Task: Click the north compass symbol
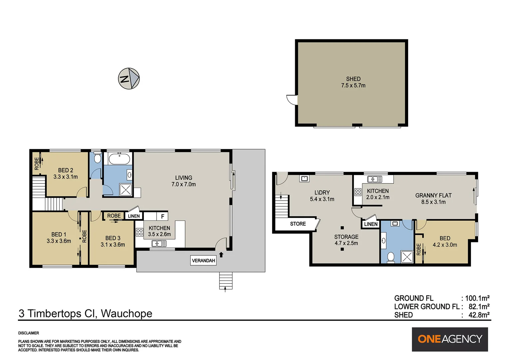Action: point(129,79)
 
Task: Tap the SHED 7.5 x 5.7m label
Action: point(353,82)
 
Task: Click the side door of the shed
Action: point(292,100)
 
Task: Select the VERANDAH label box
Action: point(203,260)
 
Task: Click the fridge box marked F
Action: point(162,216)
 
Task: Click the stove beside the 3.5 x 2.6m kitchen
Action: point(140,232)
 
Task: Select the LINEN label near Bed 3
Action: point(134,216)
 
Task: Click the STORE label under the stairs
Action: point(297,224)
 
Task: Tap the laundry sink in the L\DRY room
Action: point(304,179)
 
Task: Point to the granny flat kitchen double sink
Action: point(374,179)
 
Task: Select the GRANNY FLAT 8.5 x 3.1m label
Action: point(433,198)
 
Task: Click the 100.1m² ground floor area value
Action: point(477,298)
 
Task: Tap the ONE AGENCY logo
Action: point(450,339)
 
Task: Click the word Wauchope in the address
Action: point(126,313)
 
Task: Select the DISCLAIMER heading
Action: point(29,333)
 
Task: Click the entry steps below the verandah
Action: point(226,281)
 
